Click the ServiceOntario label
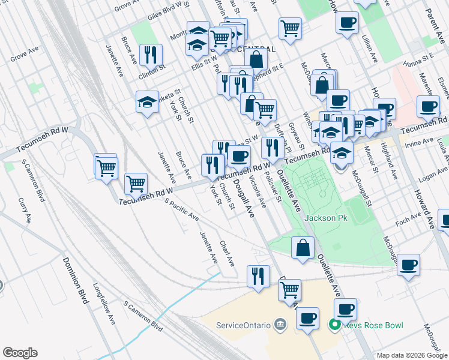(x=243, y=325)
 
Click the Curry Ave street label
(x=25, y=211)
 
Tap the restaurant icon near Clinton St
(x=151, y=55)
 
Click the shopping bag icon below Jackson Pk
(x=303, y=247)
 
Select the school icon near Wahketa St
(x=146, y=102)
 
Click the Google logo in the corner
(x=20, y=353)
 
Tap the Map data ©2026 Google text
(x=412, y=355)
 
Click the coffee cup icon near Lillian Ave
(x=346, y=23)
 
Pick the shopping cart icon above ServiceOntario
(x=290, y=289)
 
